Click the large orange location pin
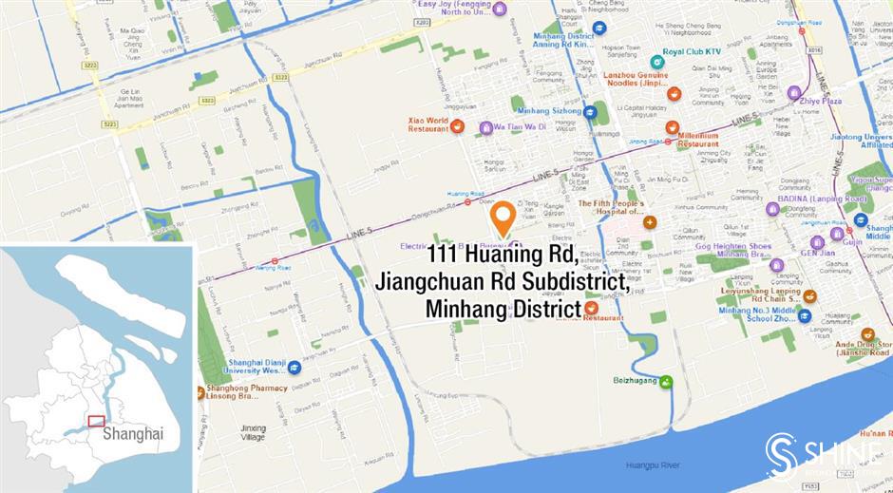click(x=503, y=218)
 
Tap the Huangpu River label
click(x=649, y=465)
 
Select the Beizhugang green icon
click(x=666, y=382)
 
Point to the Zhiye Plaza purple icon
click(x=794, y=93)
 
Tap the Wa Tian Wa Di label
click(x=519, y=126)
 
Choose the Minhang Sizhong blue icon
click(x=590, y=111)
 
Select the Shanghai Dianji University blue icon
click(x=294, y=367)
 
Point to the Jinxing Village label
click(x=254, y=433)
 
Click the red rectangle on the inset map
click(x=96, y=421)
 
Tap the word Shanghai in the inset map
click(x=133, y=433)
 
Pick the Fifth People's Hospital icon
click(x=650, y=222)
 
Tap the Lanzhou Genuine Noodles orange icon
click(x=674, y=94)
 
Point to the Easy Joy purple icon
click(x=500, y=9)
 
